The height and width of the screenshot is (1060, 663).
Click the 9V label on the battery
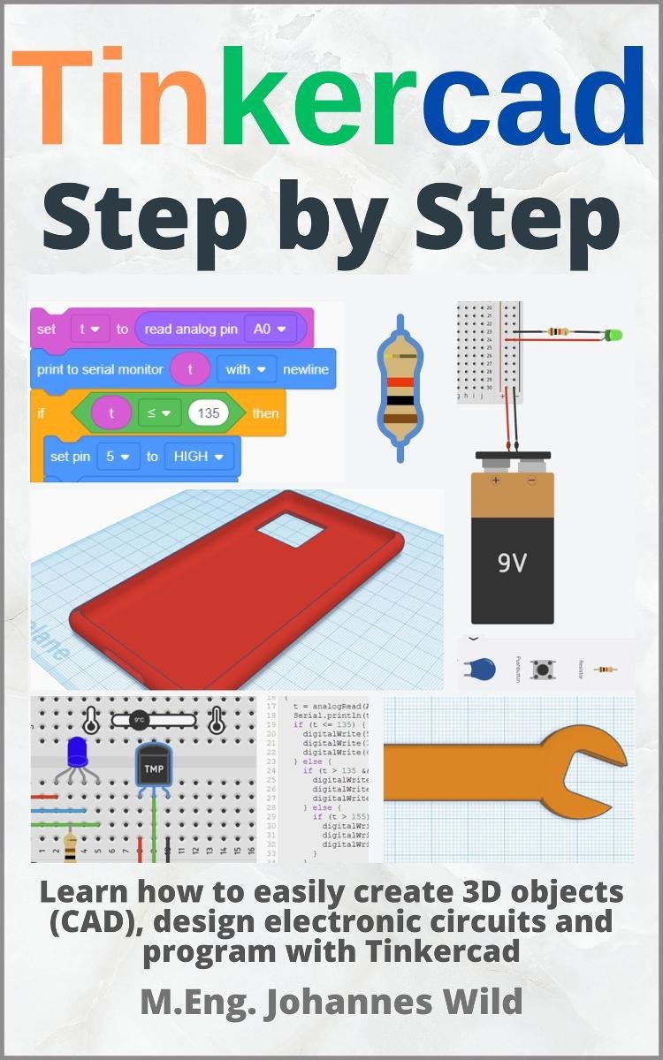(x=512, y=563)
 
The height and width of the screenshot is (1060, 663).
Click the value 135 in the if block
(x=209, y=413)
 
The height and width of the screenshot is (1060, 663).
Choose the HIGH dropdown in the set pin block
(x=197, y=456)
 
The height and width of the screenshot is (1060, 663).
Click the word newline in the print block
(x=305, y=369)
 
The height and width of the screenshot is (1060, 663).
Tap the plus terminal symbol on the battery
(x=495, y=482)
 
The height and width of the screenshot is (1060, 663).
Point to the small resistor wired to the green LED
(x=557, y=332)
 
